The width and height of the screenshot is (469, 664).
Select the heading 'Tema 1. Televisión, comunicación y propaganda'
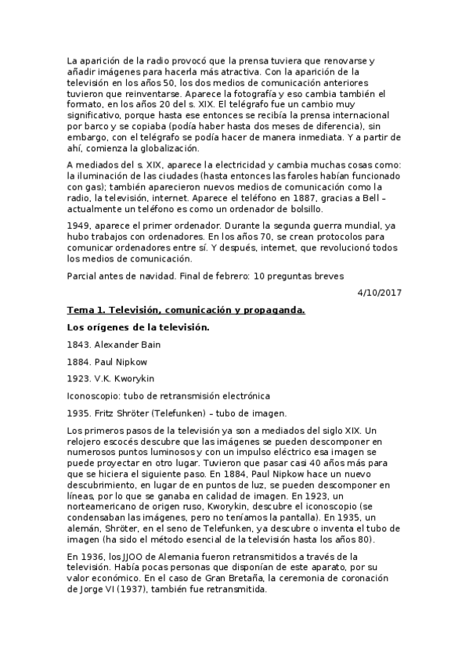tap(186, 309)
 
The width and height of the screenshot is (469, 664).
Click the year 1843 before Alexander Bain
tap(79, 345)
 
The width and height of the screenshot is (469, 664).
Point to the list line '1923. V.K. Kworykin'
tap(111, 379)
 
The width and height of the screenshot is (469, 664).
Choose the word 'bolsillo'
tap(299, 209)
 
